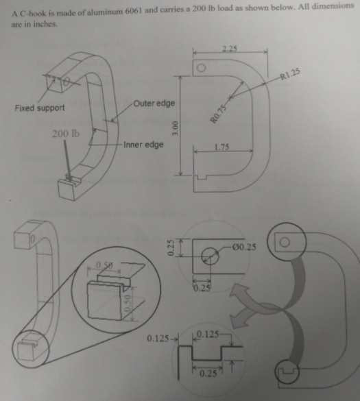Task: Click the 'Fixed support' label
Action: (40, 108)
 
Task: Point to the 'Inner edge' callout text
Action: (143, 145)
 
